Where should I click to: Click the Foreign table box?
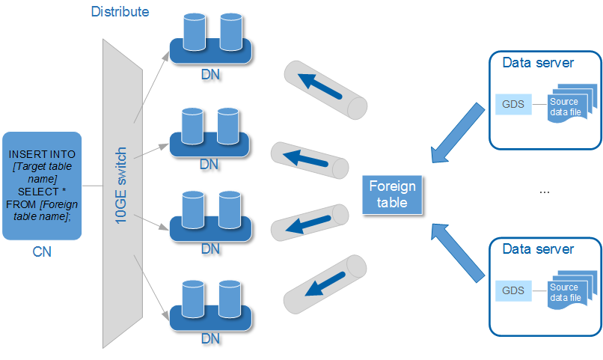pos(393,195)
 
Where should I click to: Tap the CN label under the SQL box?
pos(42,252)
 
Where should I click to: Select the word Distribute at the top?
pos(120,12)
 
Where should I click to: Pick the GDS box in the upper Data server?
pos(513,103)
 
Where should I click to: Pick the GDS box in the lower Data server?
pos(513,290)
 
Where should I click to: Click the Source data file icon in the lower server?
pos(566,293)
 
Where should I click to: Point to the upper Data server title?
pos(538,62)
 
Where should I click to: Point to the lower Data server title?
pos(538,248)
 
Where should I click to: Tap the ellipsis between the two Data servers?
pos(545,192)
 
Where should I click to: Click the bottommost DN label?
pos(211,338)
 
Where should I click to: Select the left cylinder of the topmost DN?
pos(194,29)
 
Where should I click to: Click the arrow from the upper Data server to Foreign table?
pos(457,132)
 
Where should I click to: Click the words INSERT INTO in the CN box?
pos(42,153)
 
